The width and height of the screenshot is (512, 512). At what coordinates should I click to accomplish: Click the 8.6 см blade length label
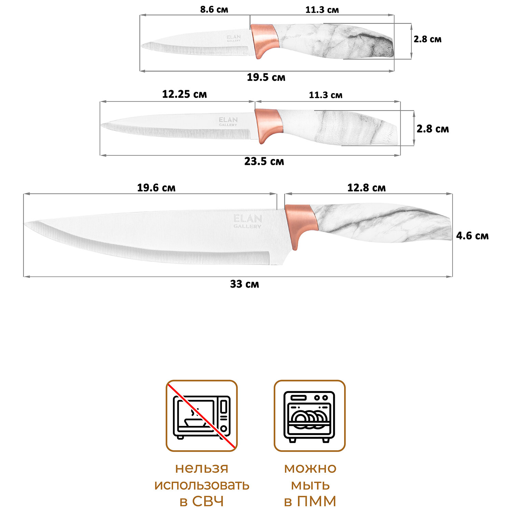[214, 10]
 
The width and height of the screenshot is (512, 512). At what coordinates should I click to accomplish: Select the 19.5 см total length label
[266, 77]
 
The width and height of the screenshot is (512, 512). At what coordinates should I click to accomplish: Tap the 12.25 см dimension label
[184, 94]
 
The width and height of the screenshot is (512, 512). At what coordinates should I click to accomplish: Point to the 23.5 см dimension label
[264, 161]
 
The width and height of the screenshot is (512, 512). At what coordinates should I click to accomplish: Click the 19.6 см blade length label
[156, 188]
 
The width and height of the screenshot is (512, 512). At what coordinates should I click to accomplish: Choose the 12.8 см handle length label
[366, 188]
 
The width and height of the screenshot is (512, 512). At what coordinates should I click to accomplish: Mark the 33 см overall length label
[244, 284]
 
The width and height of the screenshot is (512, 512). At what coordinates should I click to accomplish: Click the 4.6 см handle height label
[472, 236]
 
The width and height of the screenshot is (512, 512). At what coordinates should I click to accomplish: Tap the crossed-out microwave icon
[202, 416]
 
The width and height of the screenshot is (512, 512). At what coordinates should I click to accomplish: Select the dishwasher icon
[310, 416]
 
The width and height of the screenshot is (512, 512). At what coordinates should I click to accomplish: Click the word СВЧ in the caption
[208, 501]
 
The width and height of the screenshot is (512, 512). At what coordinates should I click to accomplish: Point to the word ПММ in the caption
[316, 501]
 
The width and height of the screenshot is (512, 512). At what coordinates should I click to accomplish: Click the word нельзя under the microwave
[201, 468]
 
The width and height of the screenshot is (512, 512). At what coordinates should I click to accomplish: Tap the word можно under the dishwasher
[310, 468]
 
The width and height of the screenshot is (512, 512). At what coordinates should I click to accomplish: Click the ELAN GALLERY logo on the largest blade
[247, 221]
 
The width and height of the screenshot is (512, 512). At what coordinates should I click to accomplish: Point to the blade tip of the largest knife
[26, 224]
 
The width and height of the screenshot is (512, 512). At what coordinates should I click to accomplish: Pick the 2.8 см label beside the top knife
[427, 39]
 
